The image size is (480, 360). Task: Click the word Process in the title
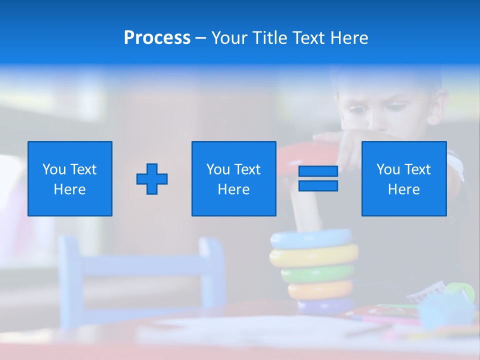[x=157, y=38]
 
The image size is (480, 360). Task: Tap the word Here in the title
[x=348, y=38]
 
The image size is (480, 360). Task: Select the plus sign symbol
[x=152, y=179]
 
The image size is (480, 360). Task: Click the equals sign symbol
[x=318, y=178]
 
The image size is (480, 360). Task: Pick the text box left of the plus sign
[x=70, y=178]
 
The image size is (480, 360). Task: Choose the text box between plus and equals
[x=233, y=178]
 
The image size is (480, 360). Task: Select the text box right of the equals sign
[x=403, y=178]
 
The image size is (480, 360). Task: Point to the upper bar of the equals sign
[x=318, y=171]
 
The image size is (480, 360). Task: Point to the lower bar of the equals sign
[x=318, y=185]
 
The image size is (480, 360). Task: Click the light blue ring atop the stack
[x=311, y=239]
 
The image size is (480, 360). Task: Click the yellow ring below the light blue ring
[x=314, y=255]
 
